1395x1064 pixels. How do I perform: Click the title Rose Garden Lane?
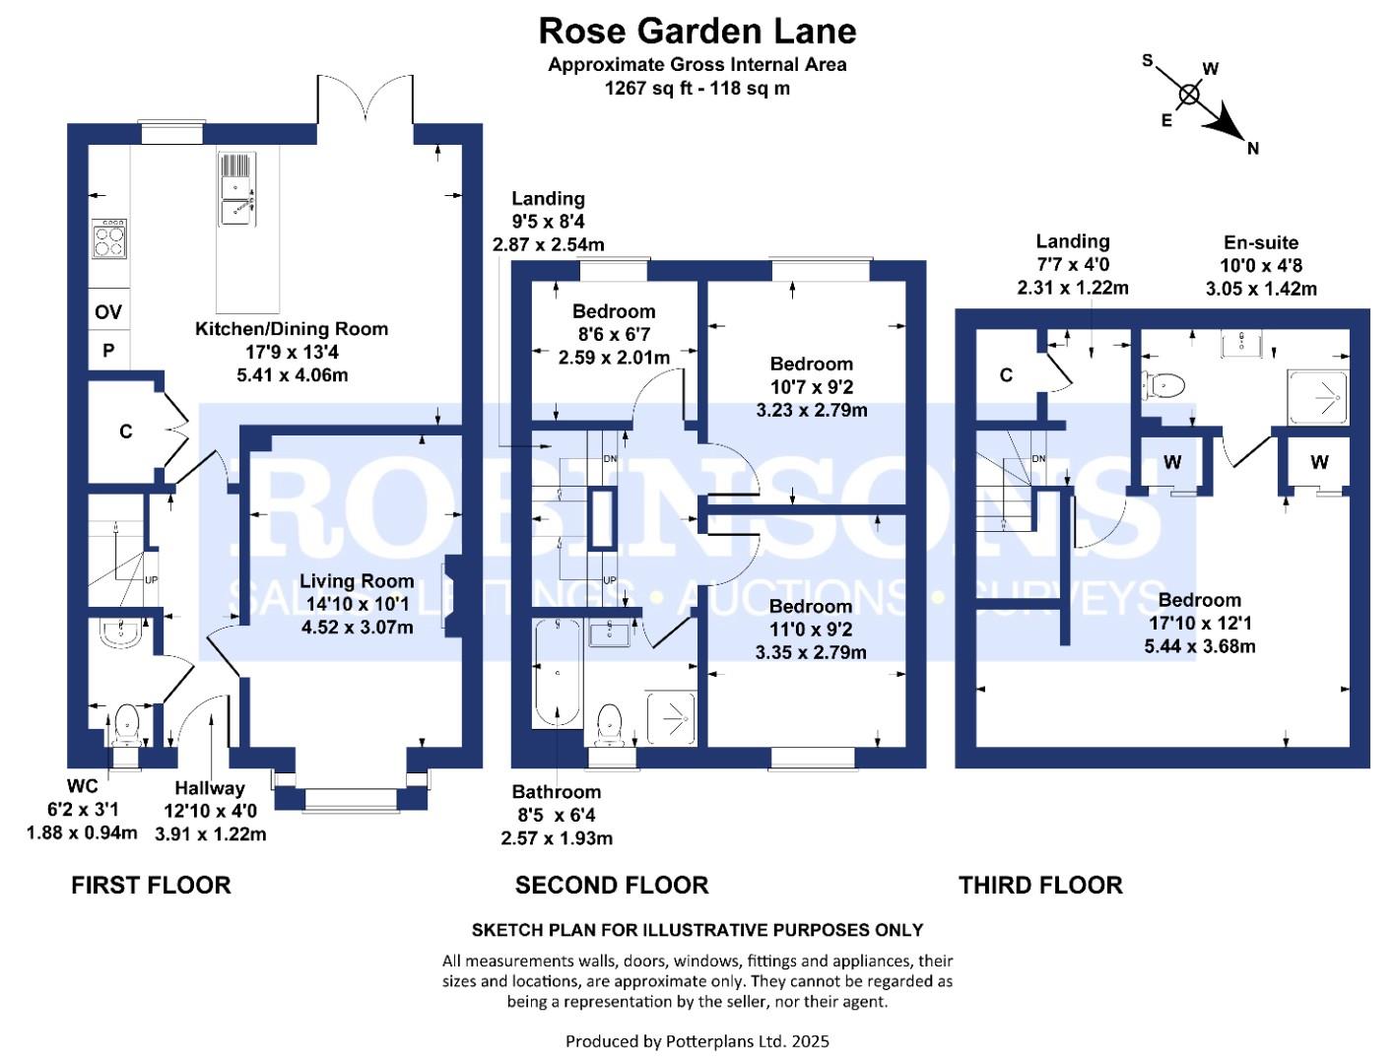(x=697, y=31)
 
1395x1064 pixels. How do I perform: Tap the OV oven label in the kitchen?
(x=108, y=311)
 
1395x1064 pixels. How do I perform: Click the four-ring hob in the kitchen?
(x=109, y=238)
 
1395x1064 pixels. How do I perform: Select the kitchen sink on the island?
(x=237, y=189)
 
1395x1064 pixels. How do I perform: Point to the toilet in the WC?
(x=126, y=723)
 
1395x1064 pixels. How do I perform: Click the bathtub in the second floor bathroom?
(x=558, y=672)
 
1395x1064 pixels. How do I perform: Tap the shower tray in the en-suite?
(x=1318, y=397)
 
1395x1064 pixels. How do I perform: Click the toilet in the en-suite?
(x=1163, y=385)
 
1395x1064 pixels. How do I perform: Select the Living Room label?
(x=357, y=580)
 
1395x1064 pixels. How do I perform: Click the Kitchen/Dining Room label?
(x=291, y=329)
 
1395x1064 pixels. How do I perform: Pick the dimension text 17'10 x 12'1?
(x=1200, y=623)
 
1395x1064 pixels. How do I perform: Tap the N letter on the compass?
(x=1252, y=149)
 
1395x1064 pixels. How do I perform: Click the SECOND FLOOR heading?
(x=612, y=885)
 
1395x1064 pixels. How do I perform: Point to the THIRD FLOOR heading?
(x=1040, y=885)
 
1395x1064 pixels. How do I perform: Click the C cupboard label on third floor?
(x=1006, y=375)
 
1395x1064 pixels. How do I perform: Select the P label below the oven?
(x=108, y=350)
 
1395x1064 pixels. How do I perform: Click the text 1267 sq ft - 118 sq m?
(x=697, y=88)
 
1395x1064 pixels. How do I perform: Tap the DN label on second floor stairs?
(x=610, y=458)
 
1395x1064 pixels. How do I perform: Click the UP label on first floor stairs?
(x=152, y=579)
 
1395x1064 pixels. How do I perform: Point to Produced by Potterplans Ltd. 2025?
(x=697, y=1040)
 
